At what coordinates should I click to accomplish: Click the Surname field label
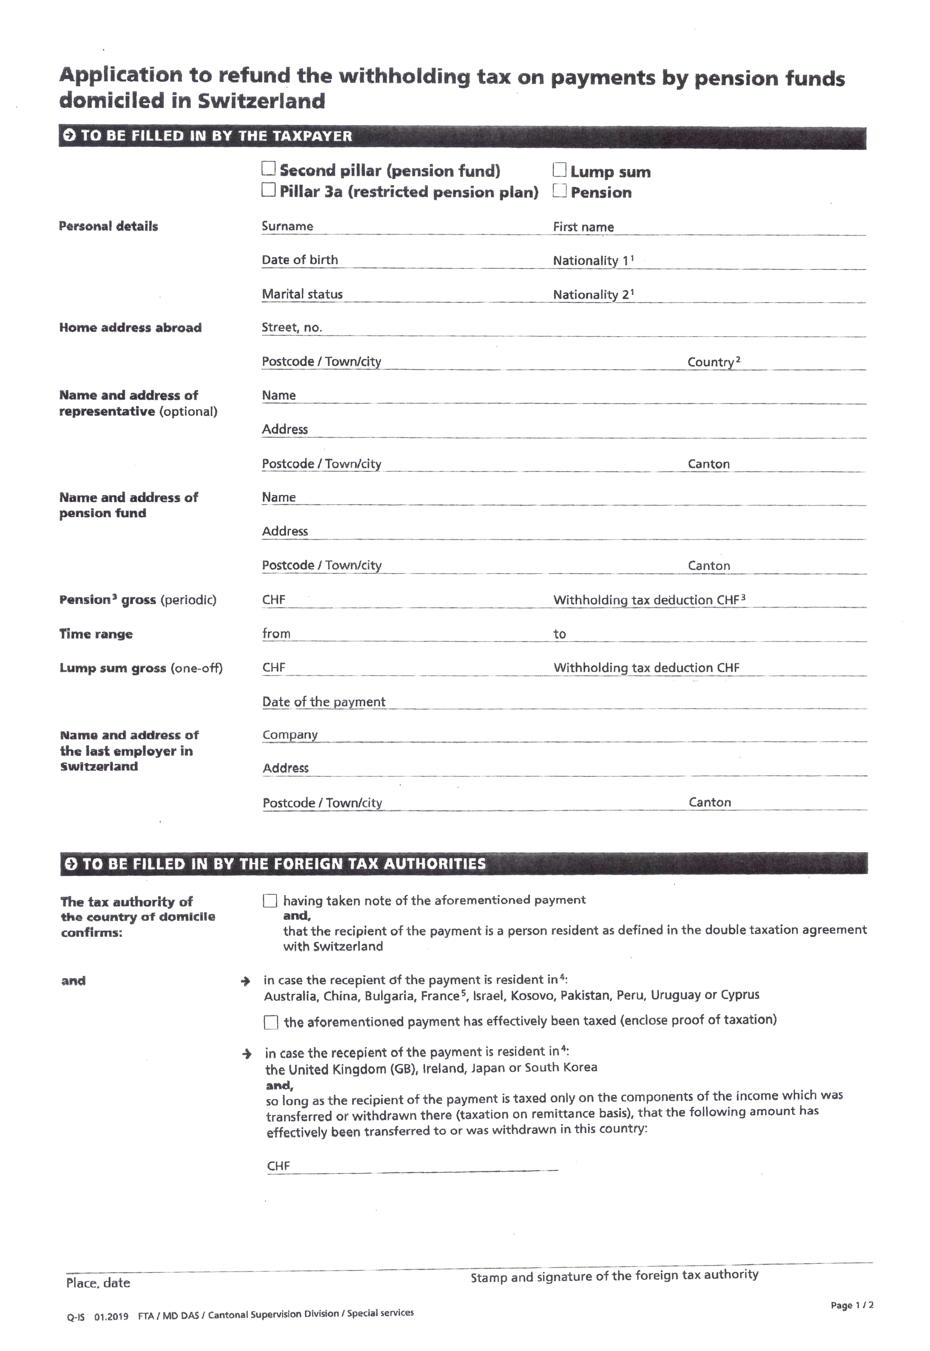click(287, 226)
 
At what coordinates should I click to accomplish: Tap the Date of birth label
click(299, 260)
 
